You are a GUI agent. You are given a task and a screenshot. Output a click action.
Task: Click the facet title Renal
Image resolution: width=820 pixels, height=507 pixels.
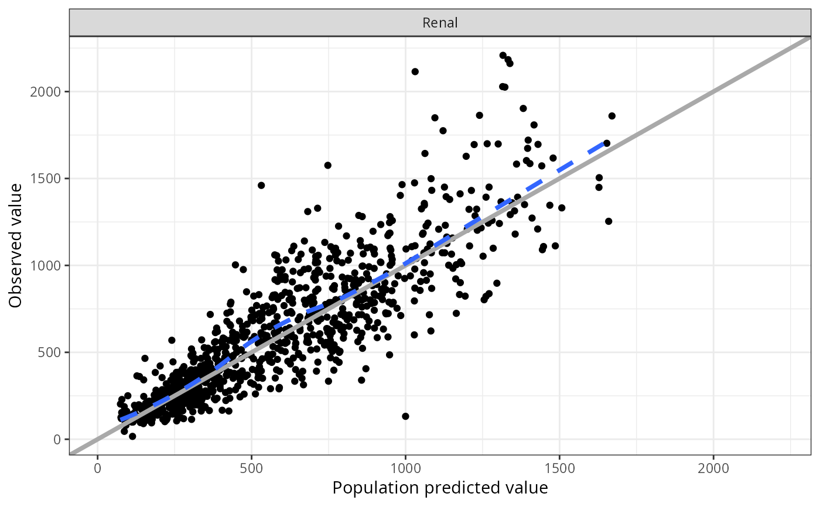tap(440, 23)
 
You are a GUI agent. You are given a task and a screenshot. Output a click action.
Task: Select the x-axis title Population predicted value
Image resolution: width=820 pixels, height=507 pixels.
tap(440, 488)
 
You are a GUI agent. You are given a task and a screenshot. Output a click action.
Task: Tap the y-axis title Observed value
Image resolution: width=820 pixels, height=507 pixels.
tap(16, 245)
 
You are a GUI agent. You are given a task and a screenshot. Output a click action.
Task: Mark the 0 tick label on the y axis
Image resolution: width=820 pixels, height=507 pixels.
tap(57, 439)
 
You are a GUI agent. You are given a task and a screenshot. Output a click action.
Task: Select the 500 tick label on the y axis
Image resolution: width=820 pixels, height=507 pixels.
tap(51, 352)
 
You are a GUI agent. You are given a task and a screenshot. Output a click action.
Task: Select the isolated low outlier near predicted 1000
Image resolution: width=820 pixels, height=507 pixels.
tap(405, 416)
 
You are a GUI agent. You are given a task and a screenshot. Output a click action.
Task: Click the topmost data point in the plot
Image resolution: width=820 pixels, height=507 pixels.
tap(503, 55)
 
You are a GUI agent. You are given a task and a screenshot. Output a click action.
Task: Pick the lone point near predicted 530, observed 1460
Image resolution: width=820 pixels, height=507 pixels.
tap(261, 185)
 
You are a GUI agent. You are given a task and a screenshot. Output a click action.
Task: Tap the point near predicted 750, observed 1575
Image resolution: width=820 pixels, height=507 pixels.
tap(328, 165)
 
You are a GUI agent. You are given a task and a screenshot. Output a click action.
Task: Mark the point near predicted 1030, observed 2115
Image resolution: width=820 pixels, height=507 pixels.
tap(415, 71)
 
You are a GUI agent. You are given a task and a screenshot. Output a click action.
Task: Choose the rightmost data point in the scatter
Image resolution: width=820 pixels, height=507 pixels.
tap(612, 116)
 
